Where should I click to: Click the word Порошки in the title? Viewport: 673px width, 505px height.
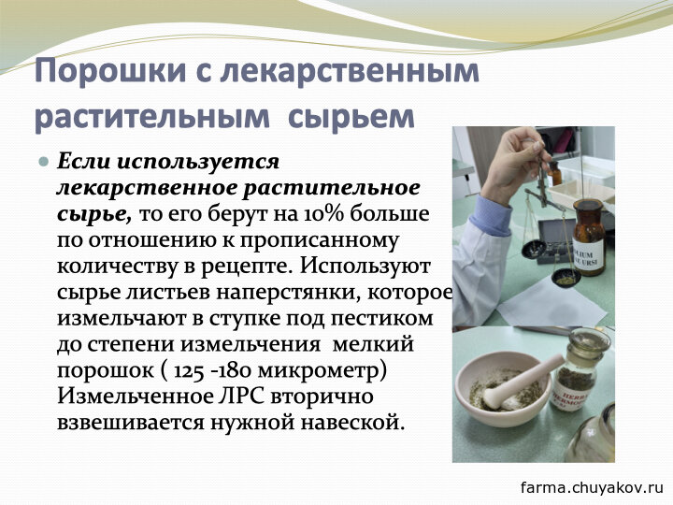pyautogui.click(x=110, y=70)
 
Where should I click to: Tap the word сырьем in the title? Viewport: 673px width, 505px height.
pyautogui.click(x=351, y=116)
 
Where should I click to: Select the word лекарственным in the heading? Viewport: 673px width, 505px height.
pyautogui.click(x=350, y=70)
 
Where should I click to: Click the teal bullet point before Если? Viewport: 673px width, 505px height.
pyautogui.click(x=44, y=162)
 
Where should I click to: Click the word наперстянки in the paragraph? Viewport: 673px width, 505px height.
pyautogui.click(x=289, y=293)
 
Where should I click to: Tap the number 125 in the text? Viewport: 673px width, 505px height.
pyautogui.click(x=189, y=371)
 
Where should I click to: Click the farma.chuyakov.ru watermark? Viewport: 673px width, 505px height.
pyautogui.click(x=592, y=487)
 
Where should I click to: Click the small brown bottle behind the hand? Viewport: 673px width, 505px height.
pyautogui.click(x=555, y=173)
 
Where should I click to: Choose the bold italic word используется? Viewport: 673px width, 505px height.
pyautogui.click(x=198, y=163)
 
